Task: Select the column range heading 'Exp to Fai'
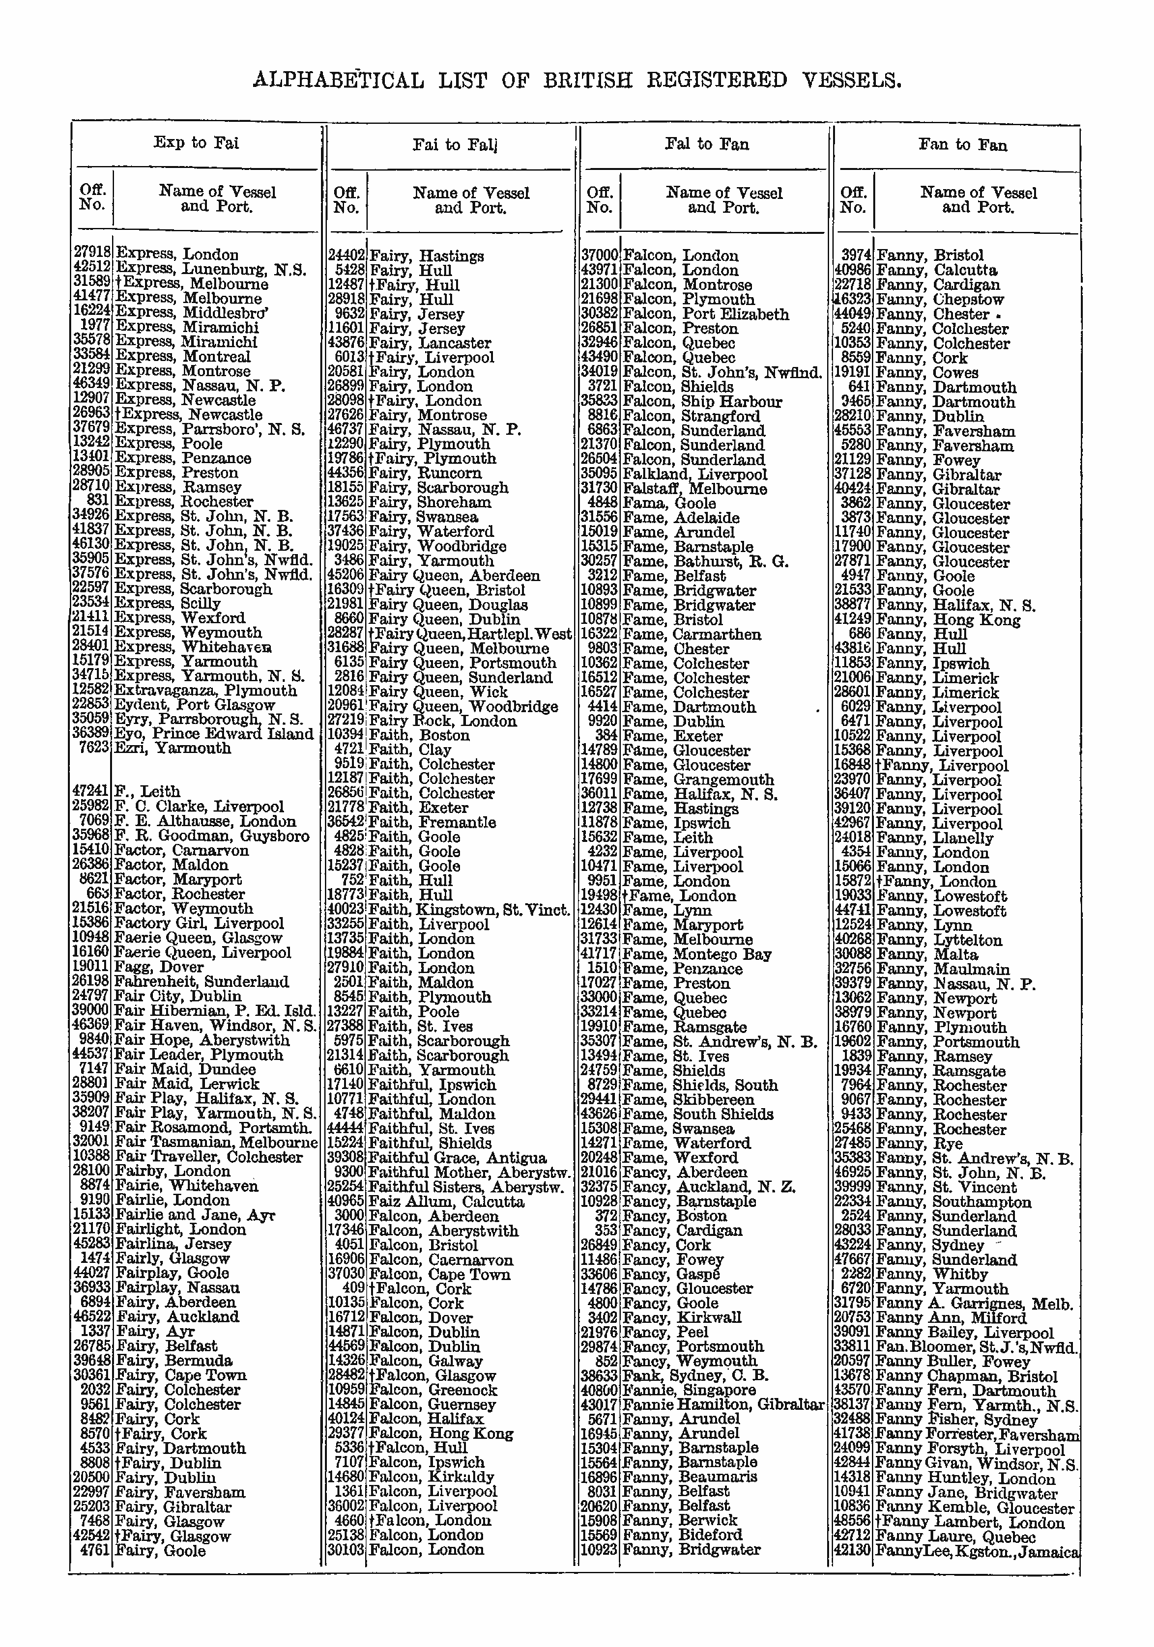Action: (x=196, y=143)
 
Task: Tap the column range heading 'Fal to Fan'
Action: (x=707, y=144)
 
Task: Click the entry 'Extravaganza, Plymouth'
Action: (x=206, y=691)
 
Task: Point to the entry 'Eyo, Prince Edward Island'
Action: (x=214, y=734)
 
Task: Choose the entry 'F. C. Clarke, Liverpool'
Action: (x=199, y=807)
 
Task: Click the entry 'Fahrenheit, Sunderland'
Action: (x=202, y=982)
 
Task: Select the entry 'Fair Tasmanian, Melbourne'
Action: (x=216, y=1142)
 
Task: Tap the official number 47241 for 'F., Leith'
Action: (x=91, y=792)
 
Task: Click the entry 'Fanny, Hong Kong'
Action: (x=948, y=620)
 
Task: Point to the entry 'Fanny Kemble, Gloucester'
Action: (x=975, y=1508)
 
